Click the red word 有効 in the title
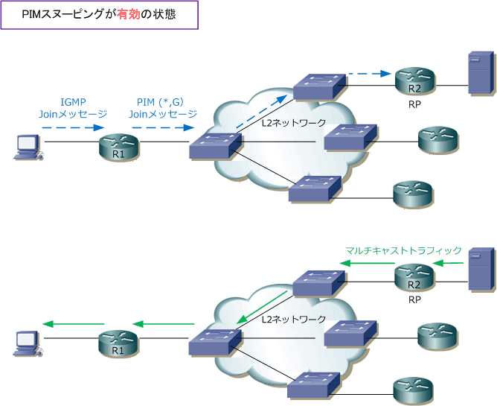click(129, 14)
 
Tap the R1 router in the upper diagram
click(119, 147)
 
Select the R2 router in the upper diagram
click(415, 81)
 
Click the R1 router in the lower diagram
click(118, 343)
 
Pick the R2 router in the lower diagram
click(414, 277)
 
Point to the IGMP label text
click(73, 102)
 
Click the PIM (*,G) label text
click(161, 102)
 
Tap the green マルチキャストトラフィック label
click(403, 250)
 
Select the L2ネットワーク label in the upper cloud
click(294, 123)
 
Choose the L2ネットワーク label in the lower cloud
click(294, 319)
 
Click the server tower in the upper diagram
click(481, 73)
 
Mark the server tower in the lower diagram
click(481, 269)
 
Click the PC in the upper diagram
click(28, 148)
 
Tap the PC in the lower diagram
click(28, 343)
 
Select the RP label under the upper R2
click(414, 104)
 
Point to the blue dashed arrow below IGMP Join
click(73, 127)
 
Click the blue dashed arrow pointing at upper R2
click(370, 74)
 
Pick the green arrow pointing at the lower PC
click(74, 324)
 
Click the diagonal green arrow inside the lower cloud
click(262, 307)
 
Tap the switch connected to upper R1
click(216, 146)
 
